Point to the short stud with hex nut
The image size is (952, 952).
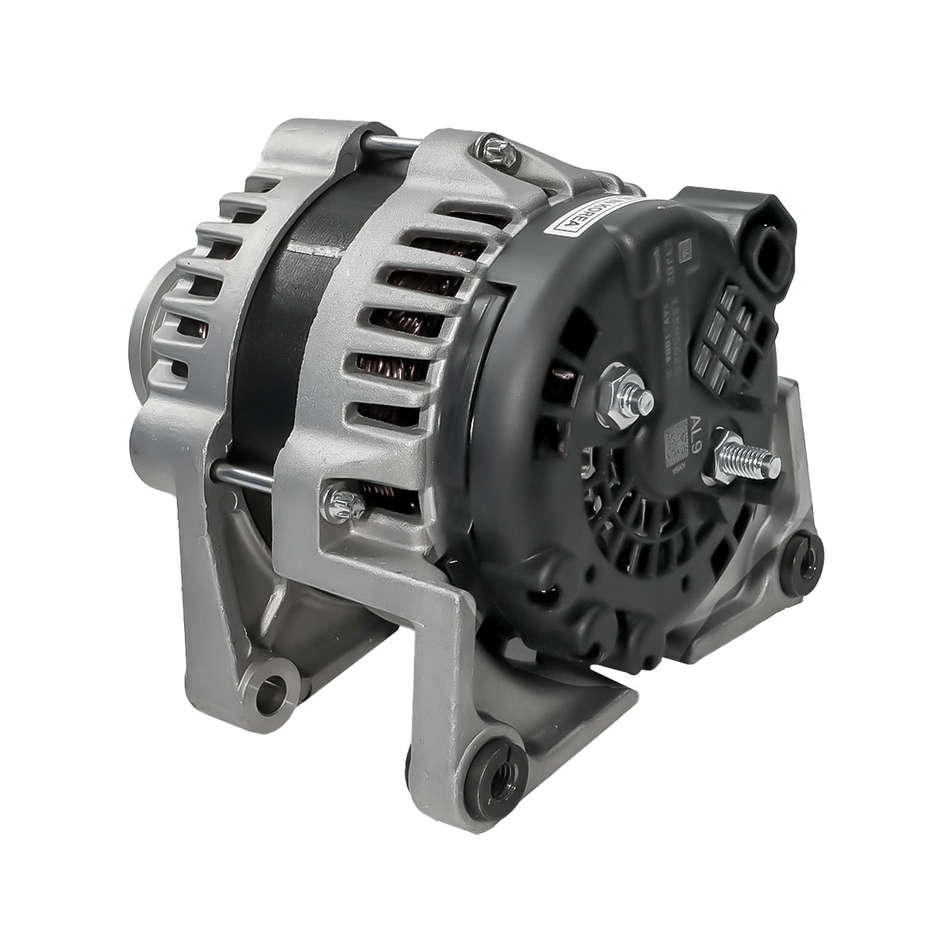click(x=627, y=393)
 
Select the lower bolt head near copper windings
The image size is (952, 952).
click(x=343, y=502)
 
